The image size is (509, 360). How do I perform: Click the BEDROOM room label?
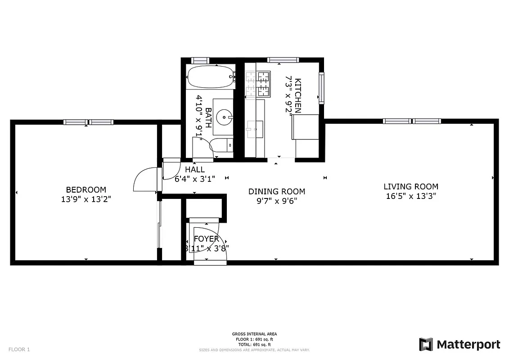[x=86, y=190]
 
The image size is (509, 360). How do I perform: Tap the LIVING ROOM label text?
[x=410, y=186]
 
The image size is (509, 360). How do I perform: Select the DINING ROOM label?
[x=277, y=192]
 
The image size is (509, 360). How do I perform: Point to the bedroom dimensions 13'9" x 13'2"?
[x=86, y=199]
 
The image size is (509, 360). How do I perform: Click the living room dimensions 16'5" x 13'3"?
[x=410, y=196]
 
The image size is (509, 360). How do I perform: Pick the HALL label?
[x=195, y=170]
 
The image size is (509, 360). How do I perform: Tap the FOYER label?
[x=206, y=239]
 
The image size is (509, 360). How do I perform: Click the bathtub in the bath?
[x=210, y=77]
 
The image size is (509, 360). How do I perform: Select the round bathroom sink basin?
[x=224, y=118]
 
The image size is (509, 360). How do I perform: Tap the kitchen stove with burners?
[x=258, y=84]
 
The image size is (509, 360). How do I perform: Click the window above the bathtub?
[x=200, y=60]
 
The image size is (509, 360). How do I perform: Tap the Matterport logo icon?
[x=426, y=344]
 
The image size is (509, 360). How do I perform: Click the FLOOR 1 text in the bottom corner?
[x=19, y=349]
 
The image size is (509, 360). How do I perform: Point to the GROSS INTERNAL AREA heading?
[x=254, y=334]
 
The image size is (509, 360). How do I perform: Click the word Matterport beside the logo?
[x=468, y=345]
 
